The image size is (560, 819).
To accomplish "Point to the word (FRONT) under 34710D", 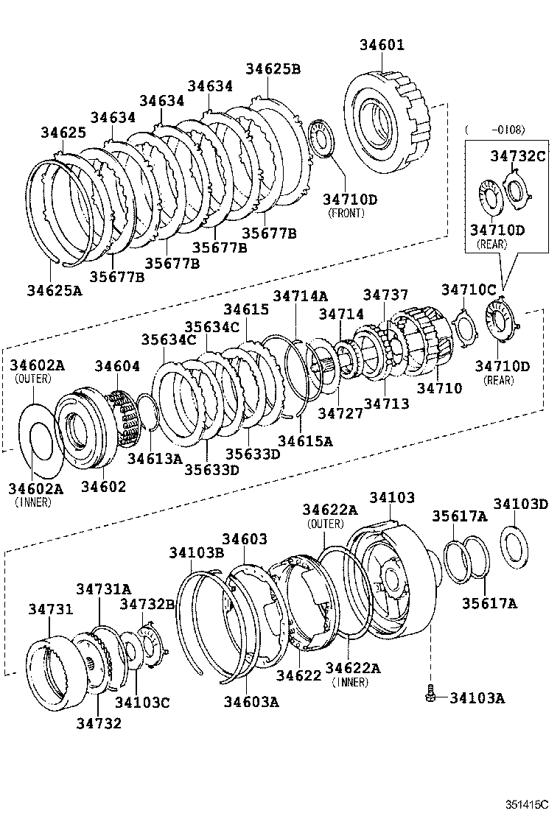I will pyautogui.click(x=346, y=214).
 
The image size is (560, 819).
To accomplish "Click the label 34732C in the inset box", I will pyautogui.click(x=518, y=155).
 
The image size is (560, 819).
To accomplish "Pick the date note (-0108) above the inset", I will pyautogui.click(x=494, y=130).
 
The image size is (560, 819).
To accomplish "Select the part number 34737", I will pyautogui.click(x=385, y=295).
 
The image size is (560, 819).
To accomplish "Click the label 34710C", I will pyautogui.click(x=469, y=289).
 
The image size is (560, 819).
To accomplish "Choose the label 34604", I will pyautogui.click(x=116, y=366).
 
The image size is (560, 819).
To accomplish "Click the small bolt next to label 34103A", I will pyautogui.click(x=429, y=694).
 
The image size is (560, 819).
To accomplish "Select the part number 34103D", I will pyautogui.click(x=521, y=505).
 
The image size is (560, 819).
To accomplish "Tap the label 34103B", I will pyautogui.click(x=195, y=552).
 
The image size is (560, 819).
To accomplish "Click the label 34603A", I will pyautogui.click(x=251, y=702).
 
